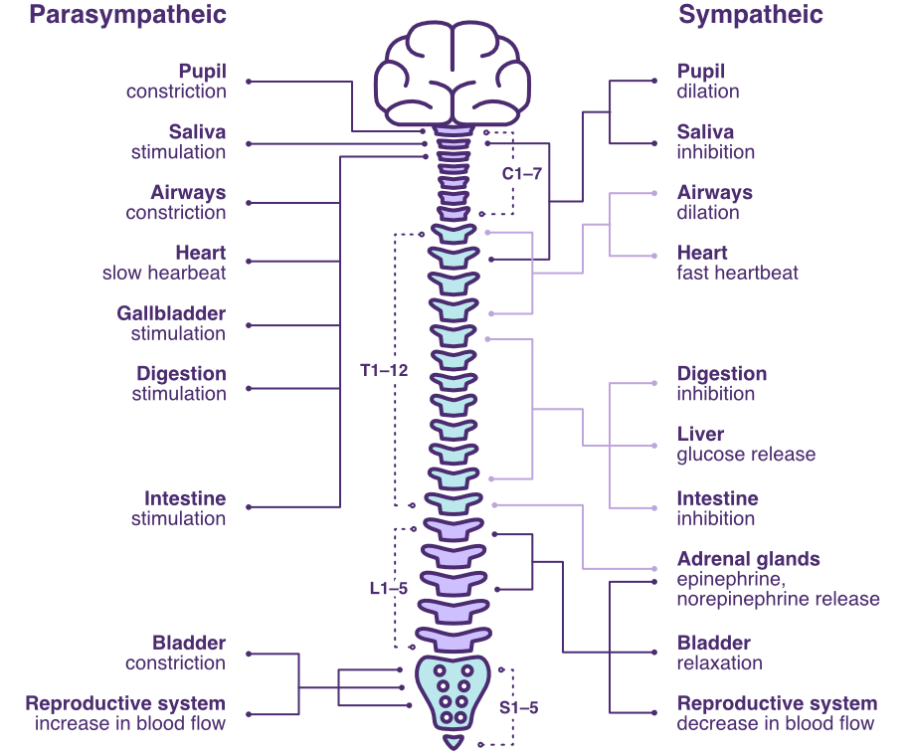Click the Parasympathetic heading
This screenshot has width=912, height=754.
click(x=127, y=16)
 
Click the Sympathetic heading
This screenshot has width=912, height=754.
click(x=750, y=16)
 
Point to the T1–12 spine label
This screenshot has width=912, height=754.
click(x=384, y=371)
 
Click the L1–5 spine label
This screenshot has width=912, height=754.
click(x=388, y=589)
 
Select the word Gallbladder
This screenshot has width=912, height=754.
click(x=171, y=314)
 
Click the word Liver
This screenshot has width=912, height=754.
click(x=700, y=435)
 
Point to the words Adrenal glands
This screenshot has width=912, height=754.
click(x=748, y=559)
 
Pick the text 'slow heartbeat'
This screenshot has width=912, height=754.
click(x=164, y=273)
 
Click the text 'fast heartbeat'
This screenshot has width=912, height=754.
click(x=737, y=273)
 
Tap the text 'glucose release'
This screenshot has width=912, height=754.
click(x=746, y=455)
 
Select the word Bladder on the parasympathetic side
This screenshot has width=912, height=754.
click(x=189, y=644)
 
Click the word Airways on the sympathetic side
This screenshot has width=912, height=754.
click(x=714, y=193)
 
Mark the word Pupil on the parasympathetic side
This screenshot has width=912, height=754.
click(x=202, y=72)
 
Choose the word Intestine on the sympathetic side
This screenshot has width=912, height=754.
click(x=717, y=498)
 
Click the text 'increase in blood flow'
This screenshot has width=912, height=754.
click(x=130, y=723)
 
